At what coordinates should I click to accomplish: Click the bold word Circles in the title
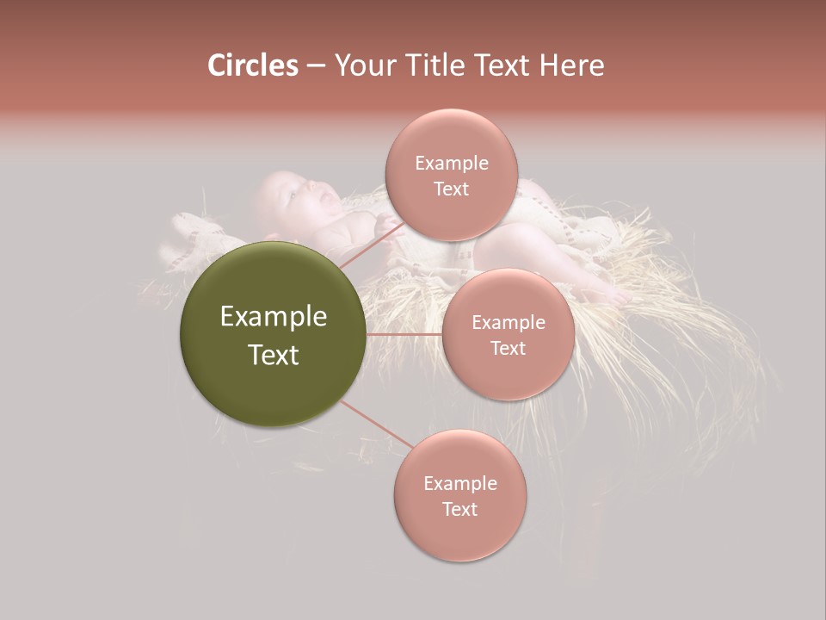point(252,65)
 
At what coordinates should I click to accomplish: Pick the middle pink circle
point(508,379)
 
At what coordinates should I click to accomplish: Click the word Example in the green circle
point(274,317)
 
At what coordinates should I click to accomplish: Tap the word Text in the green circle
point(274,355)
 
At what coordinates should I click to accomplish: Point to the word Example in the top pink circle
point(451,164)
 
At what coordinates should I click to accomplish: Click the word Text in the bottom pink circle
point(459,510)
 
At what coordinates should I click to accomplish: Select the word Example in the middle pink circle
point(508,323)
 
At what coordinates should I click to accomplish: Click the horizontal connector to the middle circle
point(404,334)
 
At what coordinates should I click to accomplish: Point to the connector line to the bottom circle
point(377,425)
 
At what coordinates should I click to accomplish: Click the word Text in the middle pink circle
point(508,349)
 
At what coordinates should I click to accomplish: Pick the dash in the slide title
point(316,66)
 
